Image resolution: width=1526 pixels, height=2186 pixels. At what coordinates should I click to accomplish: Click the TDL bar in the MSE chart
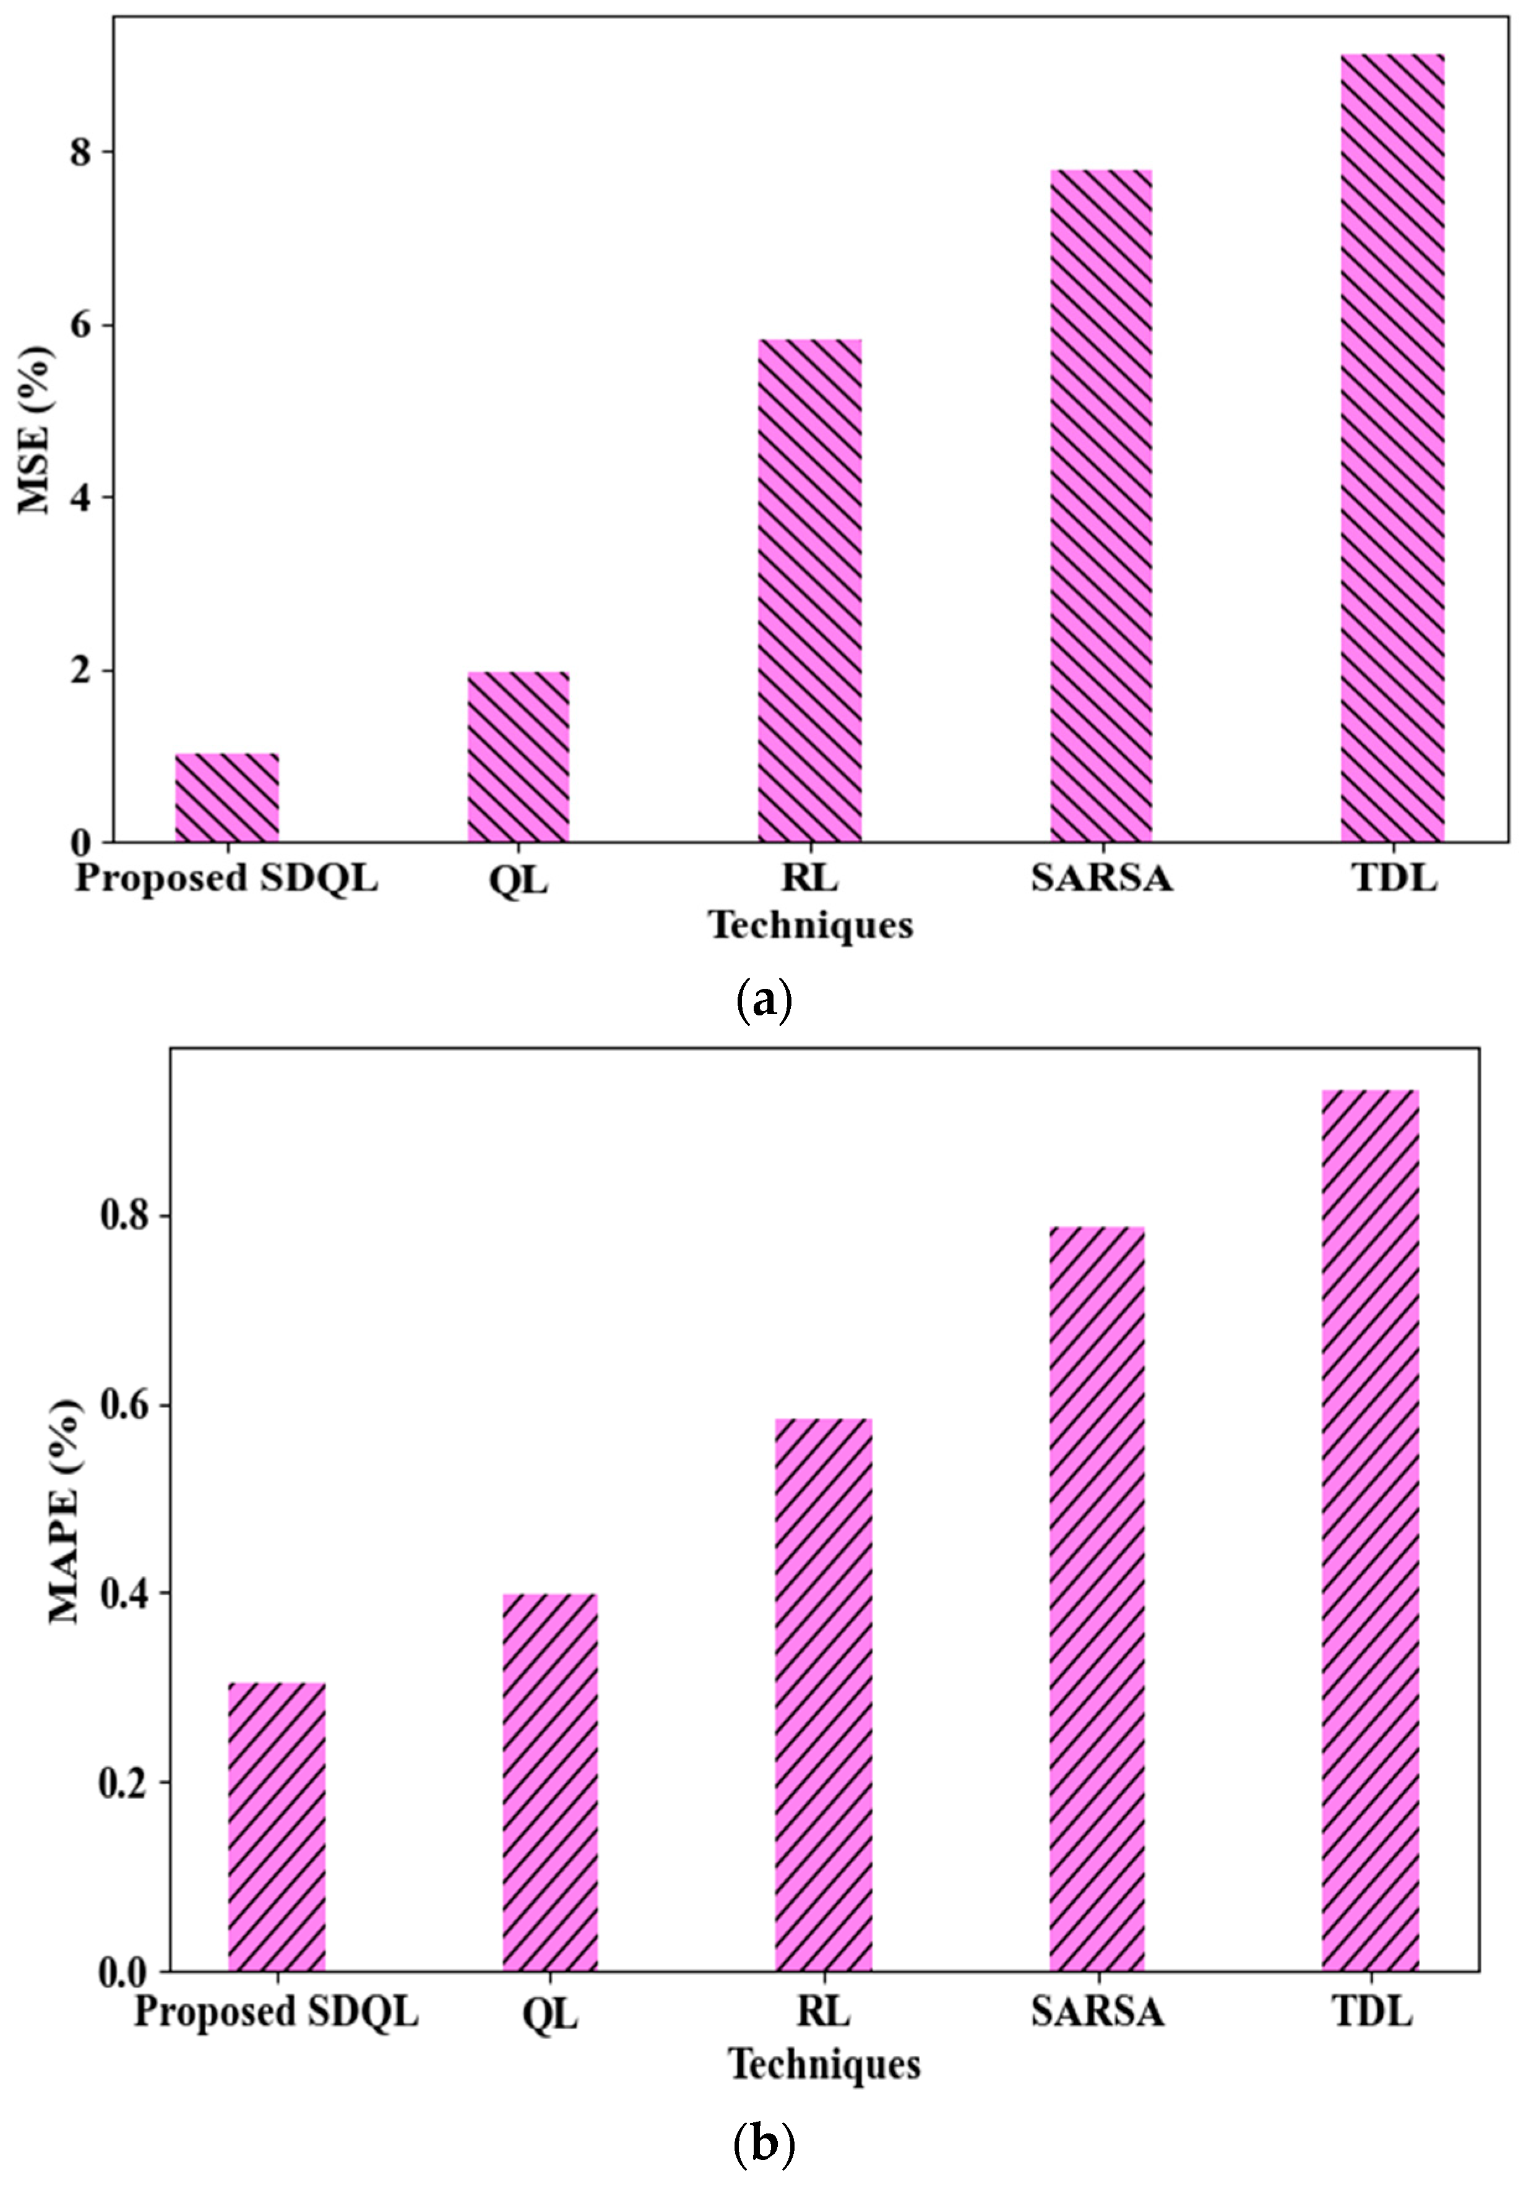(1392, 448)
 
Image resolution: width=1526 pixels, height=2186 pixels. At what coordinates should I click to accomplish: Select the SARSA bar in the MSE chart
(1100, 505)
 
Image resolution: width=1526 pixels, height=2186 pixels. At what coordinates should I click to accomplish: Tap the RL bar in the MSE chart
(809, 591)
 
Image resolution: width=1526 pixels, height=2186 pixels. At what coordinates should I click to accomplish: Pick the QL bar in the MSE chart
(518, 757)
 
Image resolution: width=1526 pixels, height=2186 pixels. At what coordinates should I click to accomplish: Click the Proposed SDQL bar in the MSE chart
(226, 797)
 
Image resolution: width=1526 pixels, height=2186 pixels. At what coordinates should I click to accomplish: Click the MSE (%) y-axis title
(35, 429)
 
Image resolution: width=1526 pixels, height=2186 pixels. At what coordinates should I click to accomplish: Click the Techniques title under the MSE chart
(811, 924)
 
